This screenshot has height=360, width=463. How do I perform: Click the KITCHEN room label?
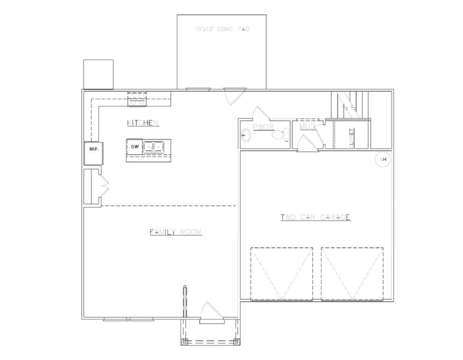(142, 123)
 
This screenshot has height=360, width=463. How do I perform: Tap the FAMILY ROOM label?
(176, 232)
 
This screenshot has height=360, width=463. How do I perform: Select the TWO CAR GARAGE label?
(315, 217)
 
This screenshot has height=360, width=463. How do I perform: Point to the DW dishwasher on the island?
(135, 146)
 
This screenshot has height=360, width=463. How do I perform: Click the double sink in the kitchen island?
(155, 146)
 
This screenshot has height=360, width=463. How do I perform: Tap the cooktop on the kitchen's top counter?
(136, 101)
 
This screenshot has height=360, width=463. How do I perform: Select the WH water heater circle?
(382, 160)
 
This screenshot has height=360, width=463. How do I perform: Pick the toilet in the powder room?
(278, 136)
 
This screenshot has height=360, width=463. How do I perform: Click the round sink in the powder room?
(246, 135)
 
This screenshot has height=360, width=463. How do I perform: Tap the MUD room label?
(308, 127)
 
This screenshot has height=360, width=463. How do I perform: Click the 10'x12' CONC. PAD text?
(222, 29)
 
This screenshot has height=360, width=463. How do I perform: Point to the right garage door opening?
(352, 273)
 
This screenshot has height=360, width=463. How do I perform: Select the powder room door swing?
(261, 115)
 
